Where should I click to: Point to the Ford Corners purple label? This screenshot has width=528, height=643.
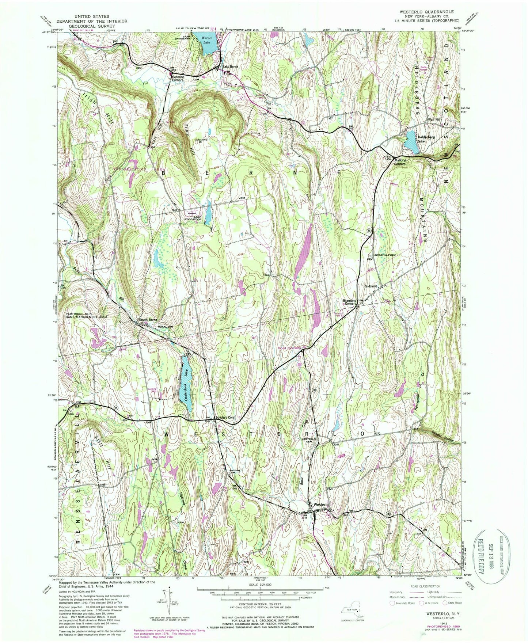coord(289,348)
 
